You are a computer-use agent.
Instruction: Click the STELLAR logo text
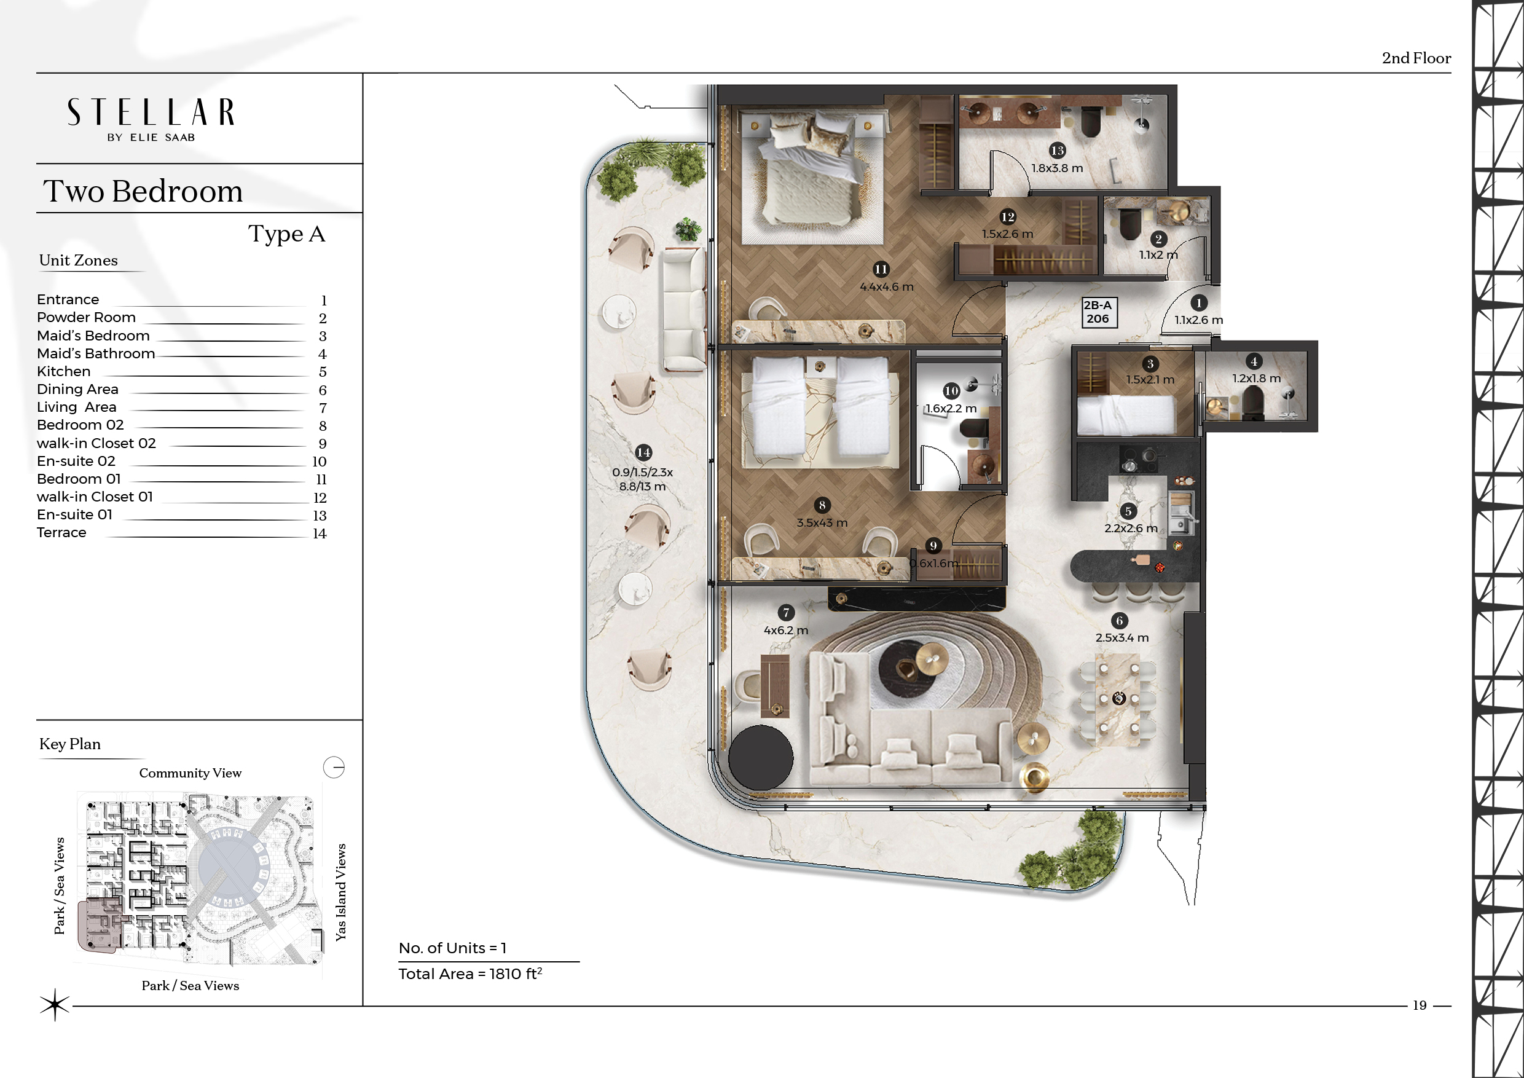[x=151, y=112]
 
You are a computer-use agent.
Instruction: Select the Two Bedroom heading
[x=143, y=191]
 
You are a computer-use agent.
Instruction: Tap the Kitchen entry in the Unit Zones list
[x=64, y=372]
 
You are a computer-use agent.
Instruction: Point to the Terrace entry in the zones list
[x=61, y=532]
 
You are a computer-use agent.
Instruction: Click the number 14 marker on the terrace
[x=643, y=453]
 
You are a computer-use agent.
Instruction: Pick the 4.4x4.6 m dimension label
[x=887, y=287]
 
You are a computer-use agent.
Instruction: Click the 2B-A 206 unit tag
[x=1098, y=312]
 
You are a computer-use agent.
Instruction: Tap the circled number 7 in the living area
[x=786, y=613]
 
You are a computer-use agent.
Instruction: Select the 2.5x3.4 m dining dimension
[x=1121, y=637]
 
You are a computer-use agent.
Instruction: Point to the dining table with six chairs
[x=1118, y=699]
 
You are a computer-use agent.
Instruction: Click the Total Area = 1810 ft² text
[x=470, y=974]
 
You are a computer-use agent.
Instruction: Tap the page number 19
[x=1419, y=1005]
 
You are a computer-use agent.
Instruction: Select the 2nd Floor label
[x=1416, y=58]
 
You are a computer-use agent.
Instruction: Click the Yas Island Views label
[x=340, y=892]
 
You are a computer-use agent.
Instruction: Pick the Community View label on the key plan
[x=190, y=773]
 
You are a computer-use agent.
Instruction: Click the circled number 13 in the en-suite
[x=1058, y=151]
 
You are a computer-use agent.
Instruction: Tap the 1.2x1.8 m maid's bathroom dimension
[x=1257, y=379]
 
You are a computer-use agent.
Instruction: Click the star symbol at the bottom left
[x=55, y=1005]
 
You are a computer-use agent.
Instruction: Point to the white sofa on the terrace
[x=685, y=309]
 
